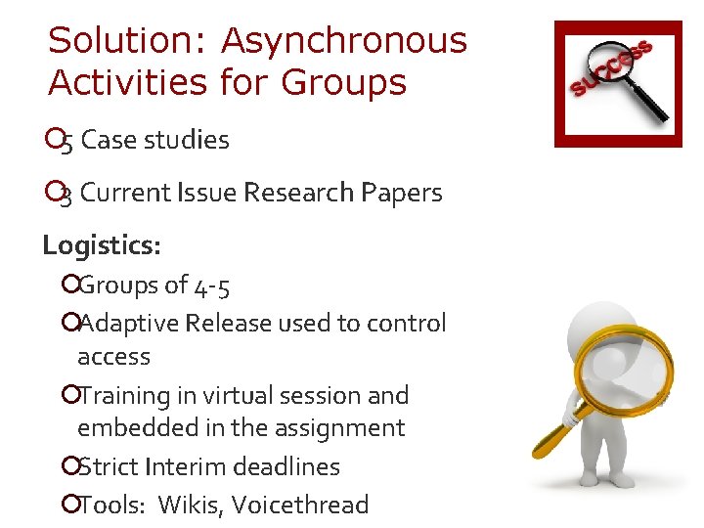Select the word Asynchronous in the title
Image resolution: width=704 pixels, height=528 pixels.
coord(344,42)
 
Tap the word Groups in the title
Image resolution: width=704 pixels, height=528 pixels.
coord(343,83)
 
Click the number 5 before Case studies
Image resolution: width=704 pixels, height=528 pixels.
coord(67,142)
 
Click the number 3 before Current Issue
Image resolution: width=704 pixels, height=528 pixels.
coord(66,195)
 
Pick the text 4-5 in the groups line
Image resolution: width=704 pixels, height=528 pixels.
coord(213,286)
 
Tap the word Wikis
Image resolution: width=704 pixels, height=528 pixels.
coord(187,506)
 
